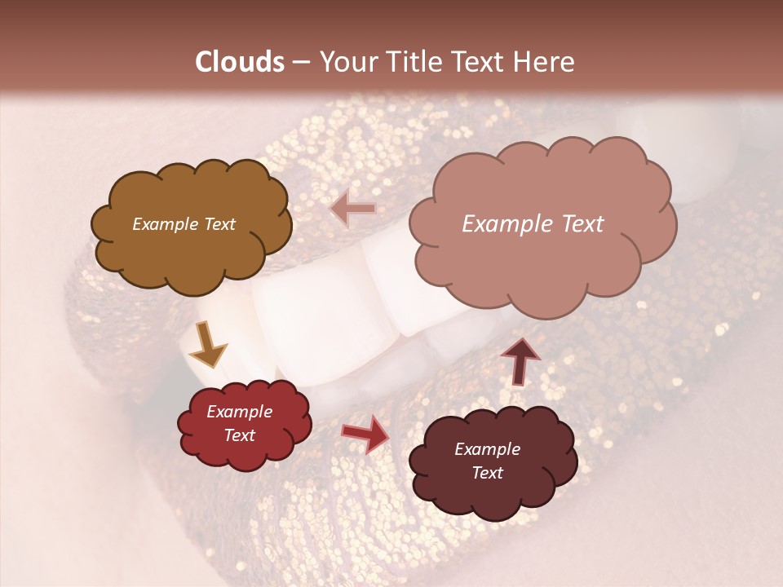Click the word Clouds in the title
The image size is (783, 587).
240,62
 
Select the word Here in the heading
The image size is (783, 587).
545,62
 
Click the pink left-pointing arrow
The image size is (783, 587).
353,210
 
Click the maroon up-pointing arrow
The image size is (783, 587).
520,360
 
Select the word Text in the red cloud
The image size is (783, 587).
240,435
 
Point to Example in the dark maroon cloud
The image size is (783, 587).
487,449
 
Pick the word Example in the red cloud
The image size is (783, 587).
240,412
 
